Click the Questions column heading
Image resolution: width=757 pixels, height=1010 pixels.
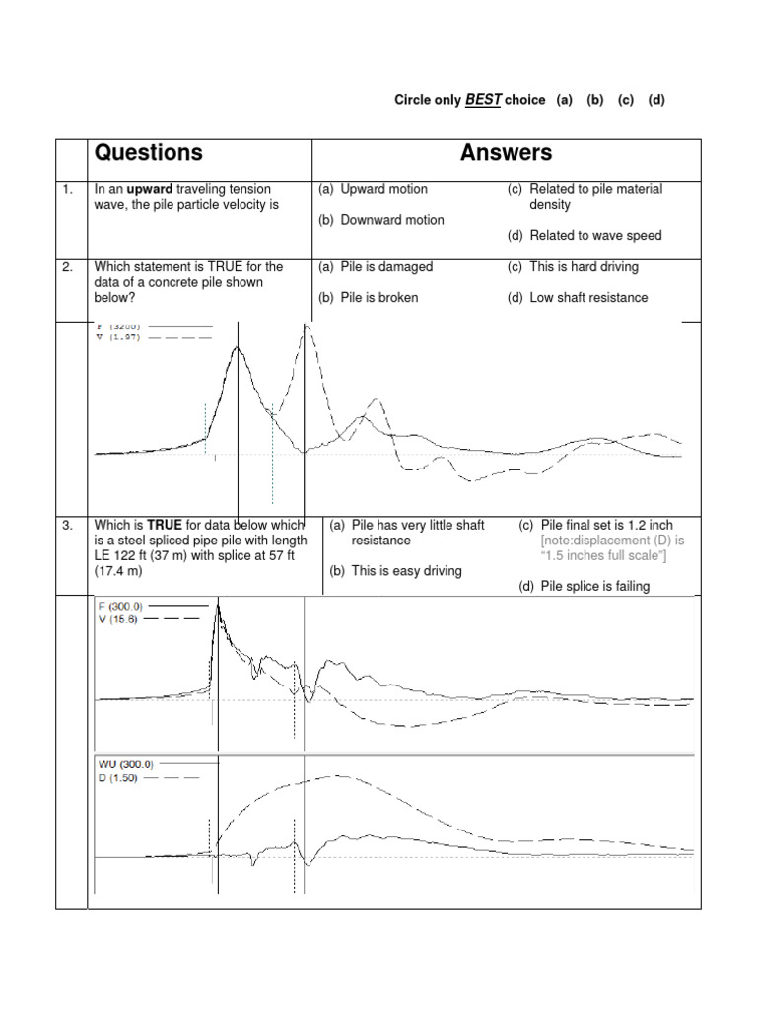pos(148,153)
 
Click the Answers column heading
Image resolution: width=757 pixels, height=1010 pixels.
pos(506,153)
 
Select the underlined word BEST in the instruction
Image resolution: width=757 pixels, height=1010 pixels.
pos(484,100)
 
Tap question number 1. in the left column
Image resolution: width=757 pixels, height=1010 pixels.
pos(67,189)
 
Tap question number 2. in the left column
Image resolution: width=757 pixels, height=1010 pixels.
pos(67,266)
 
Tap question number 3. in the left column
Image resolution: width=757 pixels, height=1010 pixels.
pos(67,526)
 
